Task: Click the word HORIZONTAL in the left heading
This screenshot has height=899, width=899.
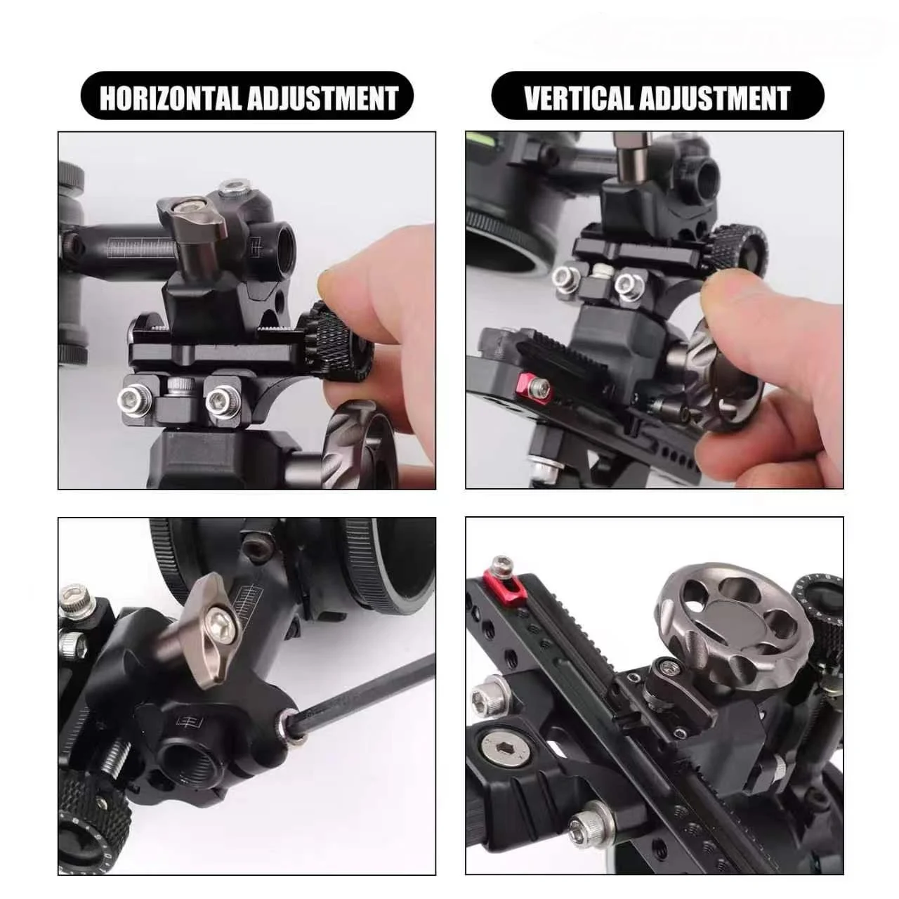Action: (x=170, y=98)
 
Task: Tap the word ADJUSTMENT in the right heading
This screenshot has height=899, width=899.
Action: (x=715, y=98)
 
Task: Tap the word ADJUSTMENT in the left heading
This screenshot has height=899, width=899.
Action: (x=323, y=98)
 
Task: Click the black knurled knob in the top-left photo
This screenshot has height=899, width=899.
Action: (x=335, y=341)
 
